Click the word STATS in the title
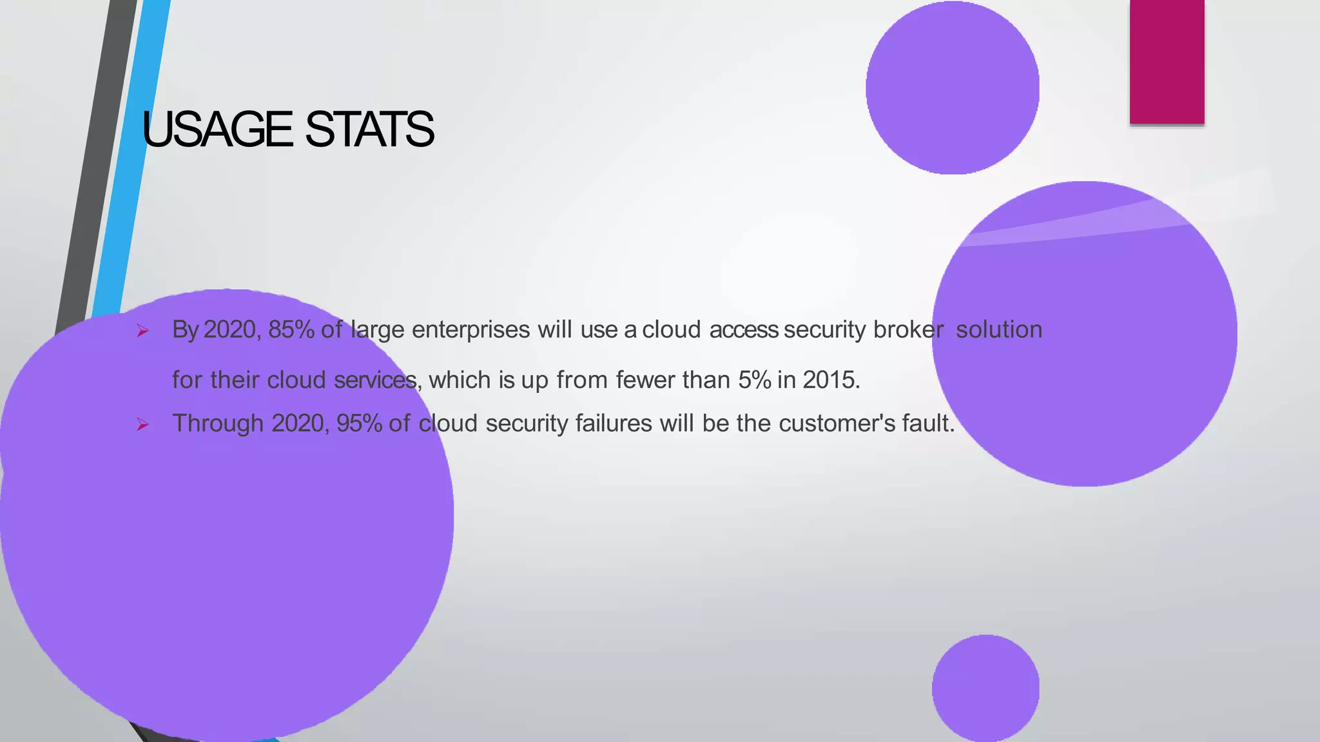pyautogui.click(x=369, y=129)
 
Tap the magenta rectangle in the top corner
pyautogui.click(x=1167, y=61)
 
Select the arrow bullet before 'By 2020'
pyautogui.click(x=142, y=332)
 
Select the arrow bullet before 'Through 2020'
pyautogui.click(x=142, y=425)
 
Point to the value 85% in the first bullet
pyautogui.click(x=291, y=330)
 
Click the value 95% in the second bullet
pyautogui.click(x=359, y=424)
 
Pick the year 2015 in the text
pyautogui.click(x=831, y=380)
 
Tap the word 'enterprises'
pyautogui.click(x=471, y=330)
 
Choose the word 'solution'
pyautogui.click(x=998, y=330)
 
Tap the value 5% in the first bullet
pyautogui.click(x=754, y=380)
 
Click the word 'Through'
pyautogui.click(x=218, y=424)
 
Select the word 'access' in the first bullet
pyautogui.click(x=743, y=330)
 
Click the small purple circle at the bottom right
pyautogui.click(x=985, y=688)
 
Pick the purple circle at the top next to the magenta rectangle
pyautogui.click(x=952, y=88)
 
